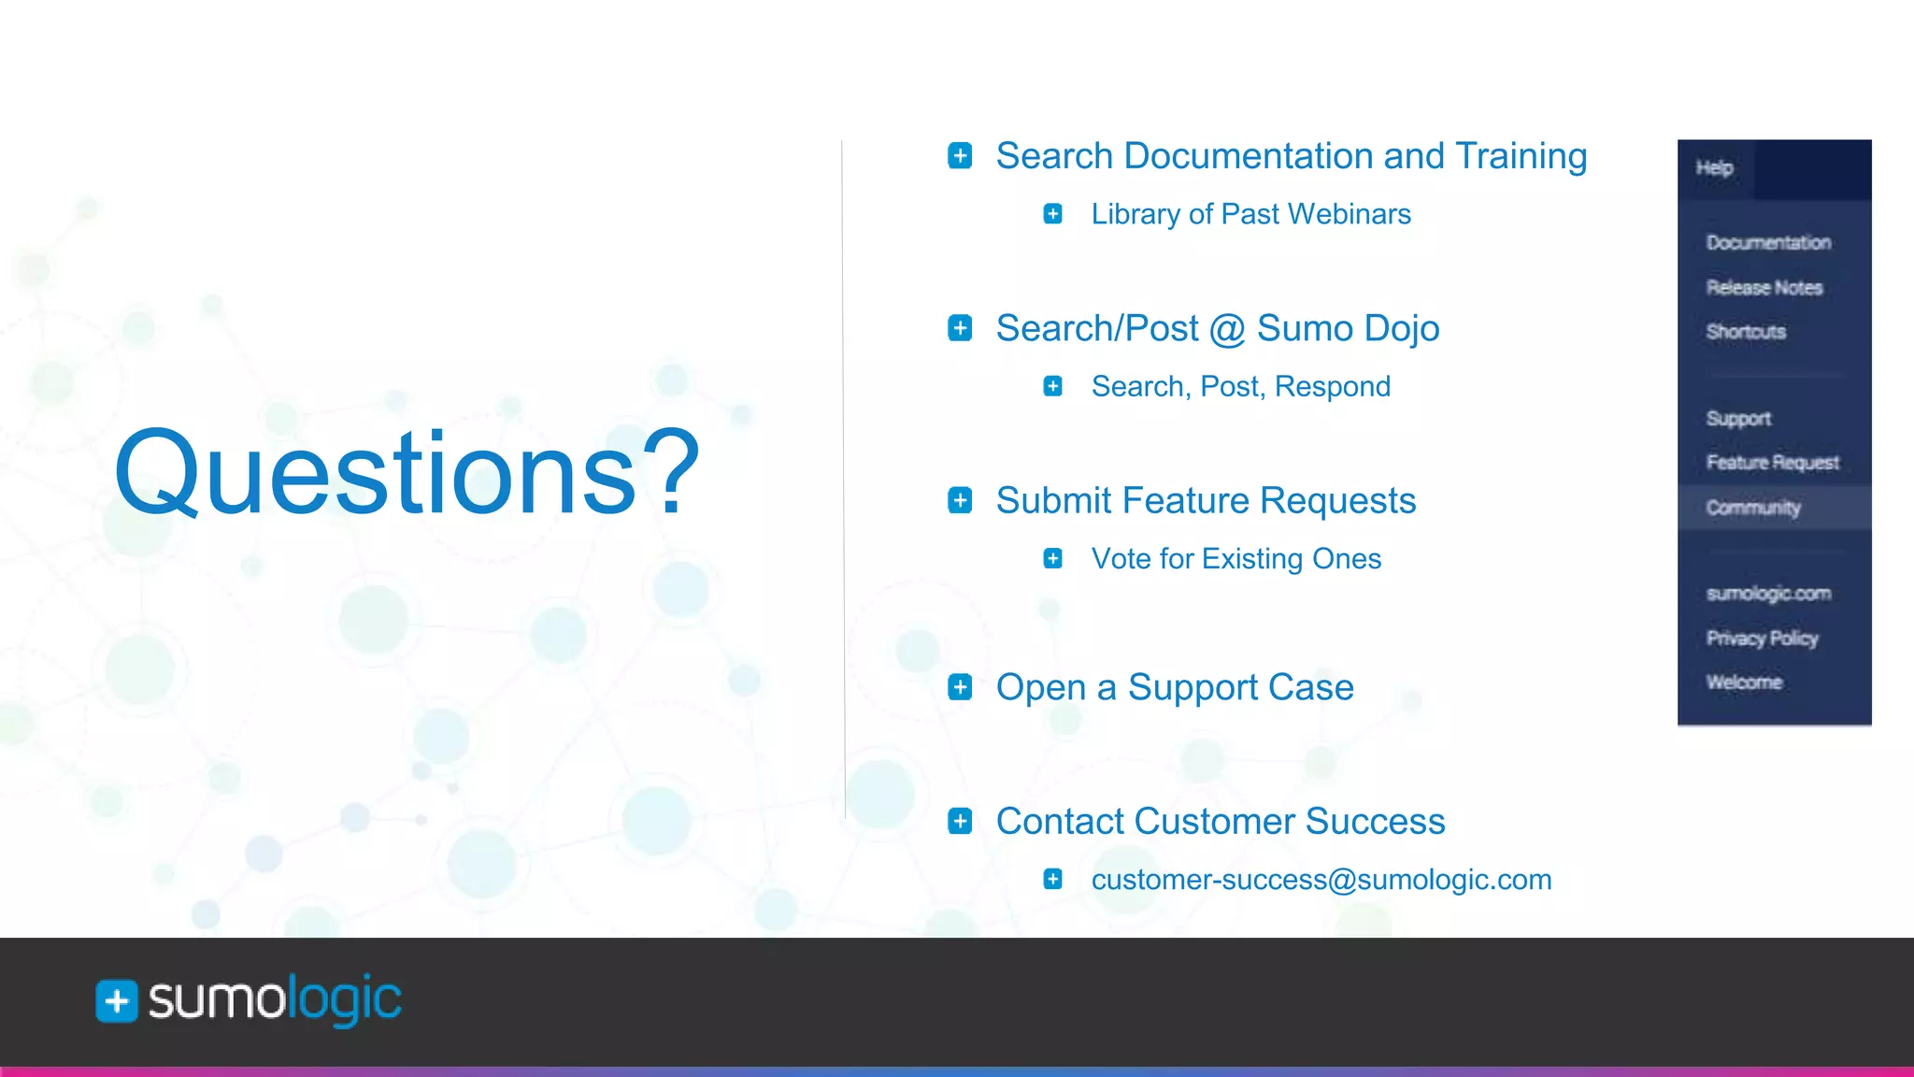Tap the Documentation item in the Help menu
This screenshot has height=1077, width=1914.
click(1768, 243)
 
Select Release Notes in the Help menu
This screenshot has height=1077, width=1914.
click(1764, 288)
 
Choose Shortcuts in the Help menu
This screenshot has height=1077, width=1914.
click(1746, 332)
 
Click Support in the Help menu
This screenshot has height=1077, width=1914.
click(1738, 419)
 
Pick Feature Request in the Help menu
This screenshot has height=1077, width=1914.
click(1772, 463)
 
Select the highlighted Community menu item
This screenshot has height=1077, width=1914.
click(1753, 508)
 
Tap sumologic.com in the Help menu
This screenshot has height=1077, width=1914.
click(1768, 594)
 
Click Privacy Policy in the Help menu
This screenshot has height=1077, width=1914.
click(1762, 639)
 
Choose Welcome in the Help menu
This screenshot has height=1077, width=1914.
click(1744, 682)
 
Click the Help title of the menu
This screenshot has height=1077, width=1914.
click(1714, 168)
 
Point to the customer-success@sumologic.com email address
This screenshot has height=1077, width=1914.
click(1321, 880)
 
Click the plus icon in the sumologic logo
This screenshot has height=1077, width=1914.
click(117, 1001)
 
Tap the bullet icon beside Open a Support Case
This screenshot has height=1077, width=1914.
click(960, 687)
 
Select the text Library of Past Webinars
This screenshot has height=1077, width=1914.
click(1250, 214)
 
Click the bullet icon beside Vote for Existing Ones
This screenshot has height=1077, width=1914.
click(1052, 559)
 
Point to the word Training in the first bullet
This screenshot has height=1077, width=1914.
click(1521, 156)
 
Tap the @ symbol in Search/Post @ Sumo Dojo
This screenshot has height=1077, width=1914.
click(1227, 330)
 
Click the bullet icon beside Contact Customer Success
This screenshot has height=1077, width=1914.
click(960, 821)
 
